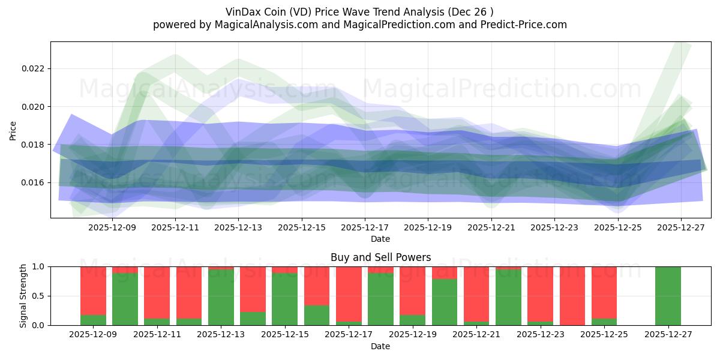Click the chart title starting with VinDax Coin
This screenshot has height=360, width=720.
pyautogui.click(x=360, y=11)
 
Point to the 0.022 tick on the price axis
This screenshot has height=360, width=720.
pyautogui.click(x=33, y=68)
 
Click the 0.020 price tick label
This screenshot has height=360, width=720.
pyautogui.click(x=33, y=107)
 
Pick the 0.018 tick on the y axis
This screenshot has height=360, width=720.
pyautogui.click(x=33, y=145)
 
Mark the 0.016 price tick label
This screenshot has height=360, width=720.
pyautogui.click(x=33, y=182)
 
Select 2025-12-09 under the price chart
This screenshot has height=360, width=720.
pyautogui.click(x=112, y=228)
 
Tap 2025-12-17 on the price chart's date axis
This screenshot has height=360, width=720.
pyautogui.click(x=365, y=228)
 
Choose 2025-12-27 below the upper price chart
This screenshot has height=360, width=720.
pyautogui.click(x=680, y=228)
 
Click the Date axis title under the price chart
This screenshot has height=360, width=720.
pyautogui.click(x=380, y=239)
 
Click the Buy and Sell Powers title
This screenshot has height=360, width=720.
pyautogui.click(x=380, y=257)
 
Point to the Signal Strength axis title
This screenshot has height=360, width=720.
pyautogui.click(x=23, y=296)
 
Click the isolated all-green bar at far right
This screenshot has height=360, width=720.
pyautogui.click(x=668, y=296)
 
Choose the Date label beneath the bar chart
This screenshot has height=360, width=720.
pyautogui.click(x=380, y=346)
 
